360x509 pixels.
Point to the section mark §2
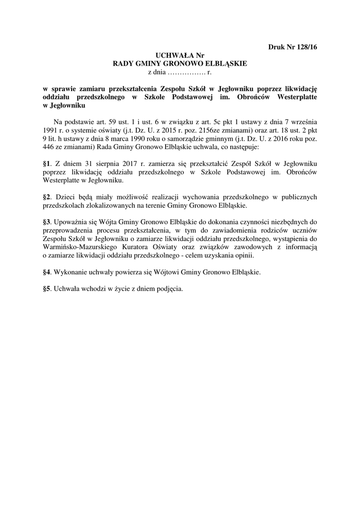tap(48, 197)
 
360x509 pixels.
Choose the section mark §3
tap(48, 222)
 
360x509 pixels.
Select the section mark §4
tap(48, 272)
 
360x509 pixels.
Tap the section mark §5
tap(48, 289)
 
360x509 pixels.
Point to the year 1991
tap(53, 129)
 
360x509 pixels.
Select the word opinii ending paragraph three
tap(243, 255)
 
